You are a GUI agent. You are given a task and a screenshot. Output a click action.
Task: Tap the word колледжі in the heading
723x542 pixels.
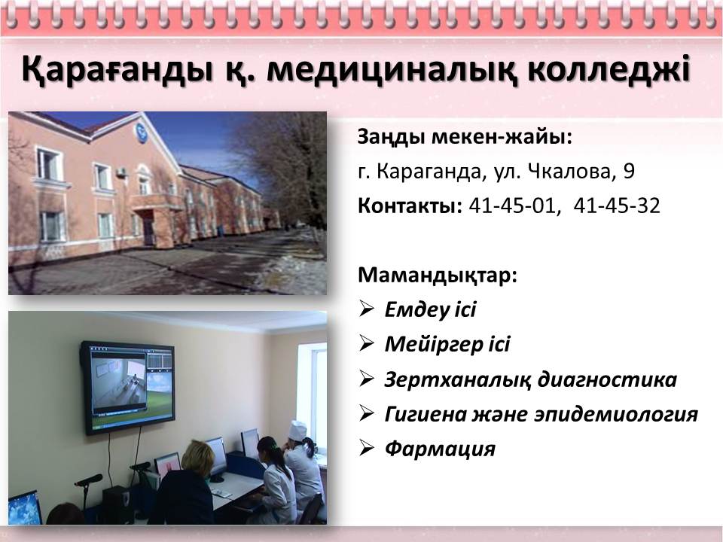pyautogui.click(x=609, y=69)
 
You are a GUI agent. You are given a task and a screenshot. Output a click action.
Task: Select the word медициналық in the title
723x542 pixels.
pyautogui.click(x=392, y=69)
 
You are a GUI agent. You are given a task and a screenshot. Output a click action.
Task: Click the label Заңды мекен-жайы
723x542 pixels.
pyautogui.click(x=465, y=137)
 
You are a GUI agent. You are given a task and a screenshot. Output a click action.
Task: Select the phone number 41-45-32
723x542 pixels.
pyautogui.click(x=617, y=206)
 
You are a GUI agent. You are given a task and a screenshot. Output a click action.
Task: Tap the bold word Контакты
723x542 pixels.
pyautogui.click(x=410, y=206)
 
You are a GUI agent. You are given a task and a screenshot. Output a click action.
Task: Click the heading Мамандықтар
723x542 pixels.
pyautogui.click(x=438, y=276)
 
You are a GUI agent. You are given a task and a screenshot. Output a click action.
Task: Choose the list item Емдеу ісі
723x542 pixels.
pyautogui.click(x=430, y=309)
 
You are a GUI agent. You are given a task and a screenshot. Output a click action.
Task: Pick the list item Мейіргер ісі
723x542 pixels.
pyautogui.click(x=447, y=344)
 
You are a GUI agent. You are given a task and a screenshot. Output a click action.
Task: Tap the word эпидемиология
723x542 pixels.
pyautogui.click(x=617, y=414)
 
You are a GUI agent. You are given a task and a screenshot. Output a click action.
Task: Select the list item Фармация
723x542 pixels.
pyautogui.click(x=440, y=449)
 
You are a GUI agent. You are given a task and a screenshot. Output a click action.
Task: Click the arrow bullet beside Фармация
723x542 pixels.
pyautogui.click(x=367, y=448)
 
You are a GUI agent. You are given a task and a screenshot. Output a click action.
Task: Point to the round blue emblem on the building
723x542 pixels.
pyautogui.click(x=141, y=132)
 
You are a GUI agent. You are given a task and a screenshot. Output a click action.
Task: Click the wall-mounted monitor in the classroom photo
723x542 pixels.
pyautogui.click(x=128, y=388)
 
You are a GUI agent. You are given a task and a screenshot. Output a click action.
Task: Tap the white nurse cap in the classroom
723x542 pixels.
pyautogui.click(x=297, y=430)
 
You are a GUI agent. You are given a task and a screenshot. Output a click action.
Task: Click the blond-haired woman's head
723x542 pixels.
pyautogui.click(x=198, y=455)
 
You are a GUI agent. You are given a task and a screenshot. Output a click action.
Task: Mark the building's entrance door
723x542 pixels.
pyautogui.click(x=148, y=231)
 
